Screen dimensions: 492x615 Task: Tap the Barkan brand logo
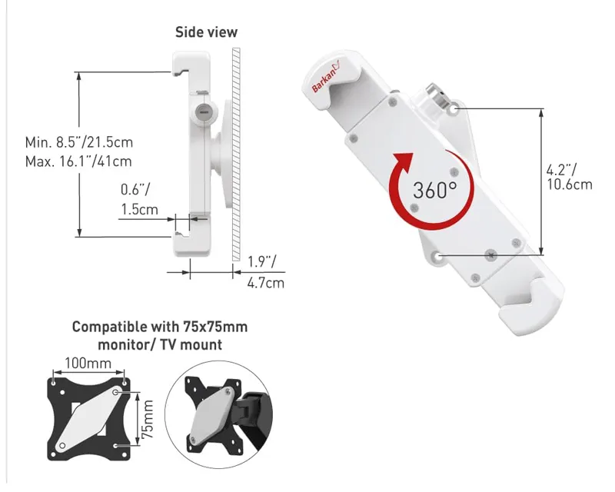pos(328,79)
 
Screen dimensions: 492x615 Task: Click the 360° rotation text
pos(434,190)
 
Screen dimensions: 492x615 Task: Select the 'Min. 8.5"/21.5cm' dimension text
pos(78,142)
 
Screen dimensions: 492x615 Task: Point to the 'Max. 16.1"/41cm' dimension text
pos(78,161)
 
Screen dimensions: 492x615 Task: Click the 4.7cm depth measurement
pos(265,283)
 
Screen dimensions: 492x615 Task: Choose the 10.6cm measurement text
pos(570,184)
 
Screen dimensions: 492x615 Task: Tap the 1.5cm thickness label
pos(139,209)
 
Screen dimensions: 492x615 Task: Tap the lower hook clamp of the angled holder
pos(538,311)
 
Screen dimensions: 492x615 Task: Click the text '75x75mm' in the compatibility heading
pos(216,327)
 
